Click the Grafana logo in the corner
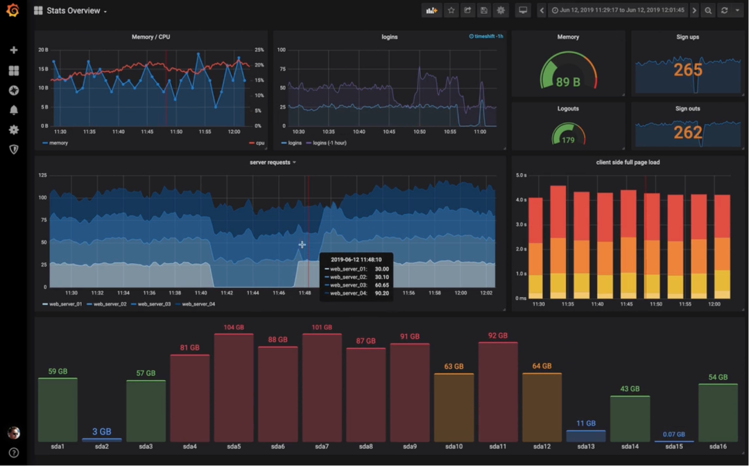click(x=12, y=10)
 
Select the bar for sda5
click(x=234, y=388)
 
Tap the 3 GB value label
click(x=101, y=431)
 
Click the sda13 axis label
click(x=585, y=447)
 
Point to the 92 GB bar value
click(x=497, y=336)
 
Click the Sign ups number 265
click(x=687, y=70)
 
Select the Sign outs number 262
click(x=687, y=132)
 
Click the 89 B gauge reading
click(x=568, y=82)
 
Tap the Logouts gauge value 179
click(x=568, y=140)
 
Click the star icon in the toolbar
click(x=451, y=10)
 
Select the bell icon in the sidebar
click(x=13, y=110)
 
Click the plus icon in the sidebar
click(x=13, y=50)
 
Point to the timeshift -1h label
click(x=487, y=37)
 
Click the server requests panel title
click(x=270, y=162)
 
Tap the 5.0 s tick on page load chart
click(x=521, y=175)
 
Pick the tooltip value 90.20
click(x=381, y=293)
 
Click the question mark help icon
click(x=13, y=453)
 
